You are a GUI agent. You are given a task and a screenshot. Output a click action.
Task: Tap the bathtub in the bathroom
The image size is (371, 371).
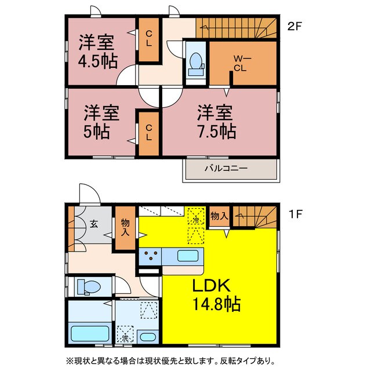coord(89,334)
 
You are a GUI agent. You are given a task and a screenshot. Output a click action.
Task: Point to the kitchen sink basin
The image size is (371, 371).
coord(187,256)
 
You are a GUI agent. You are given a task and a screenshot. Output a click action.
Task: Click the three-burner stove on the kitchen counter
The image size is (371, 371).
coord(152,256)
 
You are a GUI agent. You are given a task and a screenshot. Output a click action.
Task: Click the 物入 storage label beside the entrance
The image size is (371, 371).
coord(125,227)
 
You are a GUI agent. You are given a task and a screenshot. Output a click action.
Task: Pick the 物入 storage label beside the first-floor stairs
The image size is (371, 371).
coord(219,216)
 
